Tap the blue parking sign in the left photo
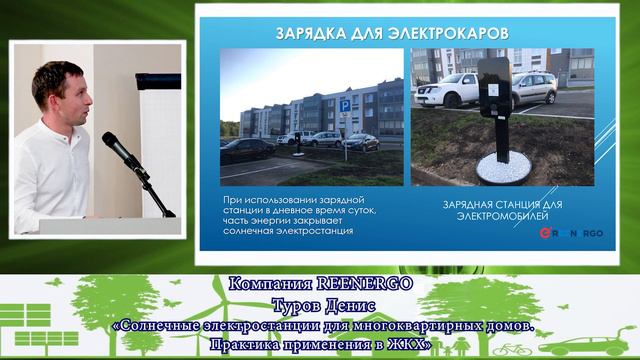click(x=345, y=104)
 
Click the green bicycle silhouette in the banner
click(x=512, y=350)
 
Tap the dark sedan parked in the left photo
click(x=246, y=148)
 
